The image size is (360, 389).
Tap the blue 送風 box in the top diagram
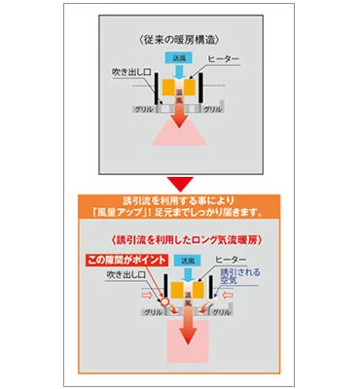point(181,57)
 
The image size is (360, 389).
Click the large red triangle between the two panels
point(180,182)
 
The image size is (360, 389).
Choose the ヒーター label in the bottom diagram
point(230,262)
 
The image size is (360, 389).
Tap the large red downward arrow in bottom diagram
point(181,336)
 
